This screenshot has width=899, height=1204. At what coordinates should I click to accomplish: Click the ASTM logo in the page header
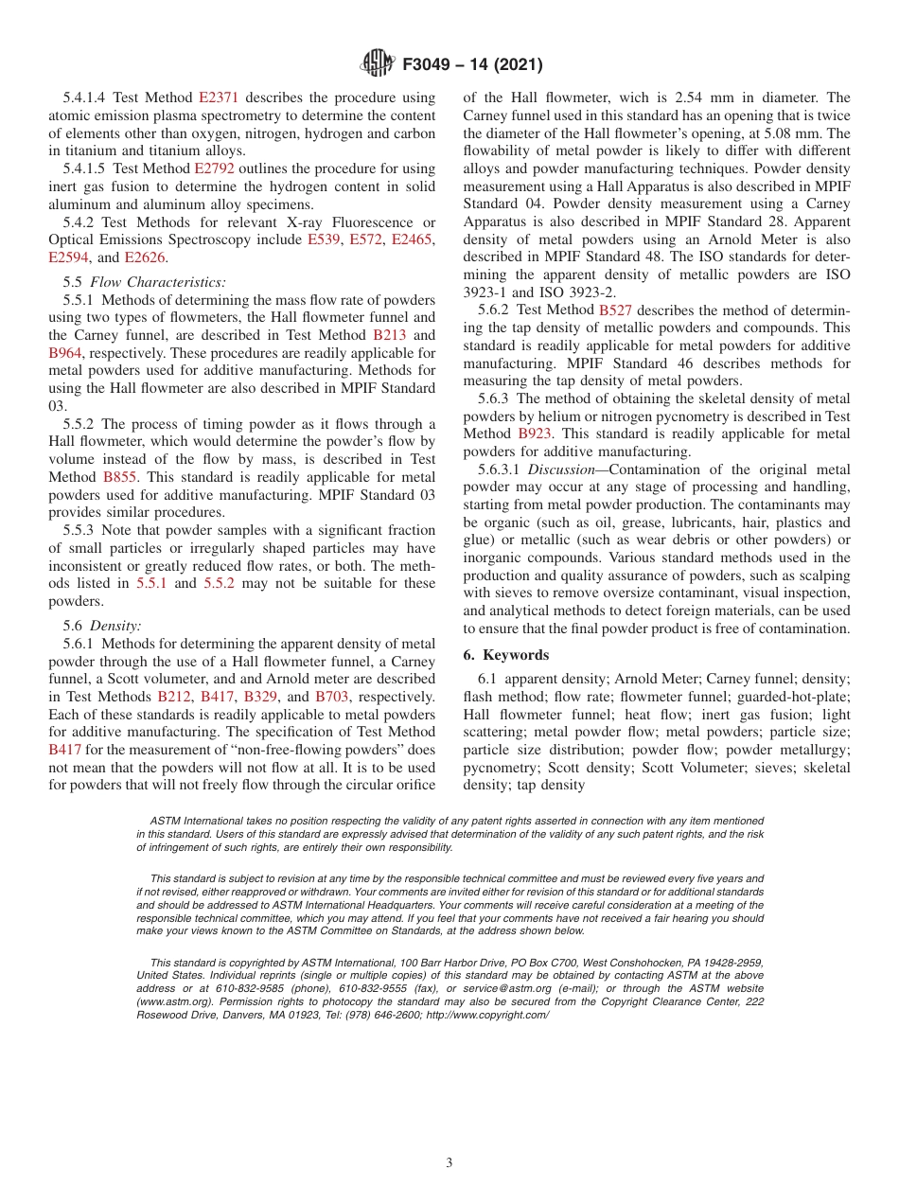click(x=379, y=64)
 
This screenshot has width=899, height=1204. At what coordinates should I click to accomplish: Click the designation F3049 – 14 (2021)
click(x=472, y=65)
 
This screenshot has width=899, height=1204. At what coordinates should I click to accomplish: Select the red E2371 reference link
click(x=219, y=97)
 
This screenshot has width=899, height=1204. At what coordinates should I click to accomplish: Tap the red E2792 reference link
click(x=214, y=168)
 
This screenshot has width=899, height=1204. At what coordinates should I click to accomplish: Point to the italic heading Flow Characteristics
click(x=158, y=282)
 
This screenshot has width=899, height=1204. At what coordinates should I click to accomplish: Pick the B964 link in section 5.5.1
click(x=66, y=353)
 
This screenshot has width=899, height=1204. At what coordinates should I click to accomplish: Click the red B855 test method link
click(x=120, y=477)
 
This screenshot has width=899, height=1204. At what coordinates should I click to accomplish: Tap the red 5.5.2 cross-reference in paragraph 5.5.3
click(x=220, y=584)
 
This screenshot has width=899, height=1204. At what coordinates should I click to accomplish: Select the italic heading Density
click(x=115, y=626)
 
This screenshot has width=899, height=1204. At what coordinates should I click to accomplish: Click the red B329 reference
click(x=261, y=697)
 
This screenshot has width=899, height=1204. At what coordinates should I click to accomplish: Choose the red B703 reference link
click(x=332, y=697)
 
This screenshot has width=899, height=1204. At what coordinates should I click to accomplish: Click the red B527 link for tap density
click(x=616, y=310)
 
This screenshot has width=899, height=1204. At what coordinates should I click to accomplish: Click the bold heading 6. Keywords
click(x=505, y=655)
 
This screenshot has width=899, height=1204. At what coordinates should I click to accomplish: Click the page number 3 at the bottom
click(x=449, y=1163)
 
